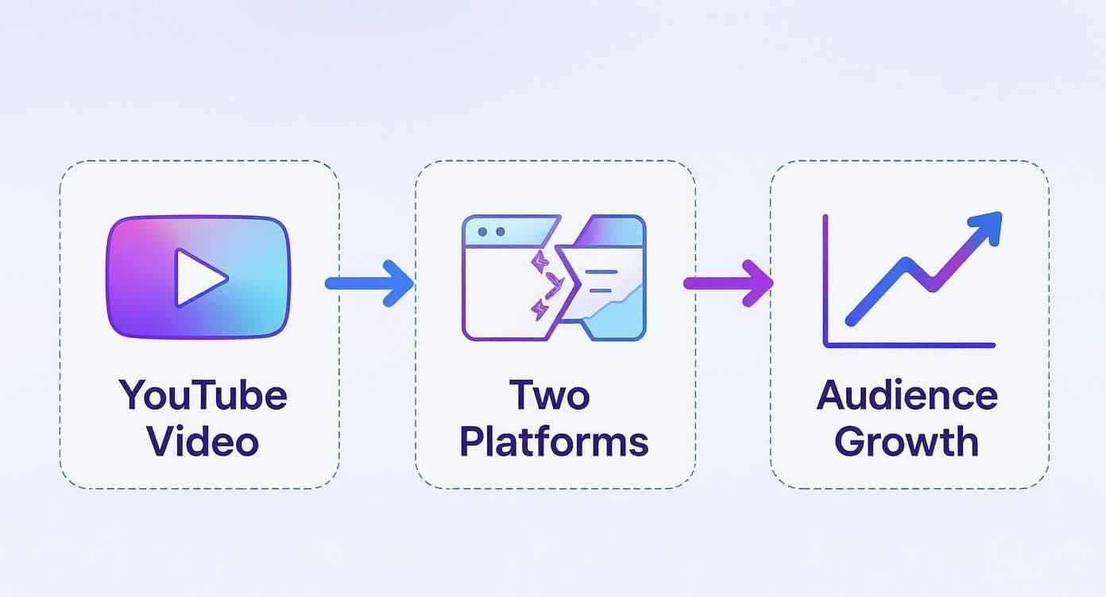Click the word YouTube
coord(203,395)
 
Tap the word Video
coord(203,441)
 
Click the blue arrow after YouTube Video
coord(369,282)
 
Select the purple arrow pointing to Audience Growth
coord(727,282)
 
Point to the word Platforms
coord(554,441)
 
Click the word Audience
coord(907,395)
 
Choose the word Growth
coord(907,441)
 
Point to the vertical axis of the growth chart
coord(826,278)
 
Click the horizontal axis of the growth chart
coord(910,345)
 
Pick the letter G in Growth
coord(852,441)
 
